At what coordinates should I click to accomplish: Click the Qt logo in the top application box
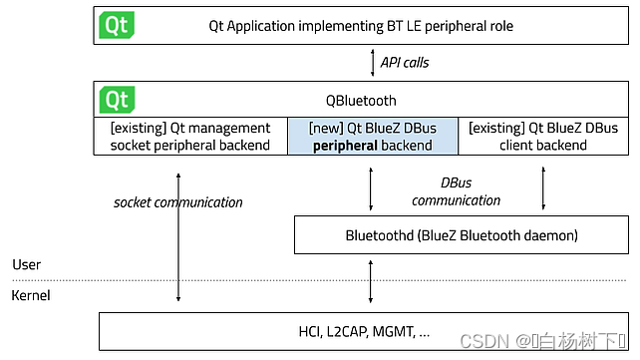(x=117, y=26)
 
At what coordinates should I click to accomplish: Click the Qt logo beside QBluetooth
(x=117, y=100)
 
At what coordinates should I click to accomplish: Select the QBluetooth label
(x=361, y=100)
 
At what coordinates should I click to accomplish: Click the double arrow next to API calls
(x=371, y=63)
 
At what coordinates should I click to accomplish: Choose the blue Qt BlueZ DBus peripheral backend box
(x=373, y=136)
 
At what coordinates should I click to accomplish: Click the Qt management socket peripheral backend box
(x=190, y=136)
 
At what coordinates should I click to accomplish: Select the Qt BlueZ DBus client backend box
(x=543, y=136)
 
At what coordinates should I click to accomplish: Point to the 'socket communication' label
(x=177, y=202)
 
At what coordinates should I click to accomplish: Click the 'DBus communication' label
(x=456, y=191)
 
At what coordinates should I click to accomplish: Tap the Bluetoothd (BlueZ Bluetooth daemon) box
(x=461, y=236)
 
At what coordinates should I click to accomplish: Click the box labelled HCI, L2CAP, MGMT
(x=364, y=330)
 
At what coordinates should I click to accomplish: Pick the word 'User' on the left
(x=26, y=264)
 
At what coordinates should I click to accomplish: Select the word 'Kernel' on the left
(x=30, y=296)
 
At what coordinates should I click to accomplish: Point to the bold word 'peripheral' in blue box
(x=344, y=145)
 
